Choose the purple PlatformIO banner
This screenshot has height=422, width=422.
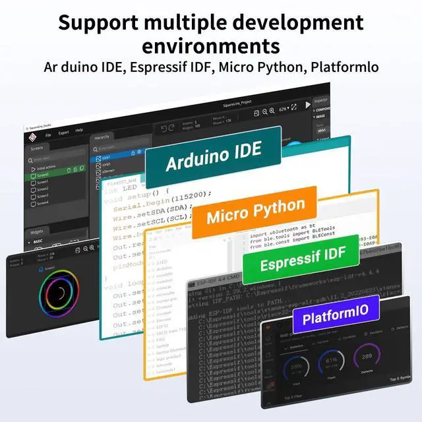coord(336,316)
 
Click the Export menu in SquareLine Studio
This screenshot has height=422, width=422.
coord(63,132)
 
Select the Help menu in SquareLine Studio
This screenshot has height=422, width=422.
coord(79,131)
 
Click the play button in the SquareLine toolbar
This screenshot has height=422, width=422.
coord(307,105)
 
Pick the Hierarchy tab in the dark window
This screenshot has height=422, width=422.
coord(102,137)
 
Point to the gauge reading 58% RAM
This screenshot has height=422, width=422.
coord(297,366)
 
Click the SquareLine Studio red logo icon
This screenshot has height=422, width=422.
coord(29,136)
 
